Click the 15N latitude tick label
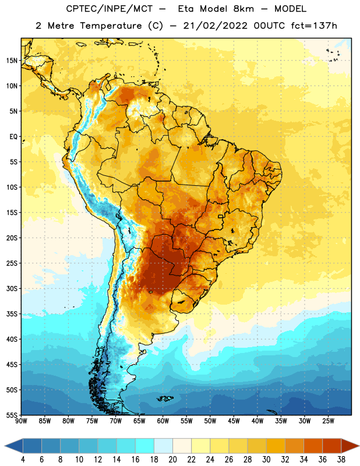pos(12,61)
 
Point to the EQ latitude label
pos(13,137)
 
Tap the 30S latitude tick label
pos(12,288)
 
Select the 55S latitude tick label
pos(12,415)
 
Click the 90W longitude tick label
pos(21,421)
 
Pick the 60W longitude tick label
pos(163,421)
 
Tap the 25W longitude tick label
pos(328,421)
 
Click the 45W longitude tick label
pos(234,421)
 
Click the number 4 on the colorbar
pos(23,460)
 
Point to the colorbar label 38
pos(341,460)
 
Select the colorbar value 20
pos(172,460)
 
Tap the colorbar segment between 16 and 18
pos(145,446)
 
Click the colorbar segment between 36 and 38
pos(332,446)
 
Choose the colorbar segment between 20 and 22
pos(182,446)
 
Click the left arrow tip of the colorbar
pos(5,446)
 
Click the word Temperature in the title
pos(111,26)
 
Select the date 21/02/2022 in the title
pos(215,26)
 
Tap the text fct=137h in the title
pos(314,26)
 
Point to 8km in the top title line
pos(243,9)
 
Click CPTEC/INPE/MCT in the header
pos(109,9)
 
